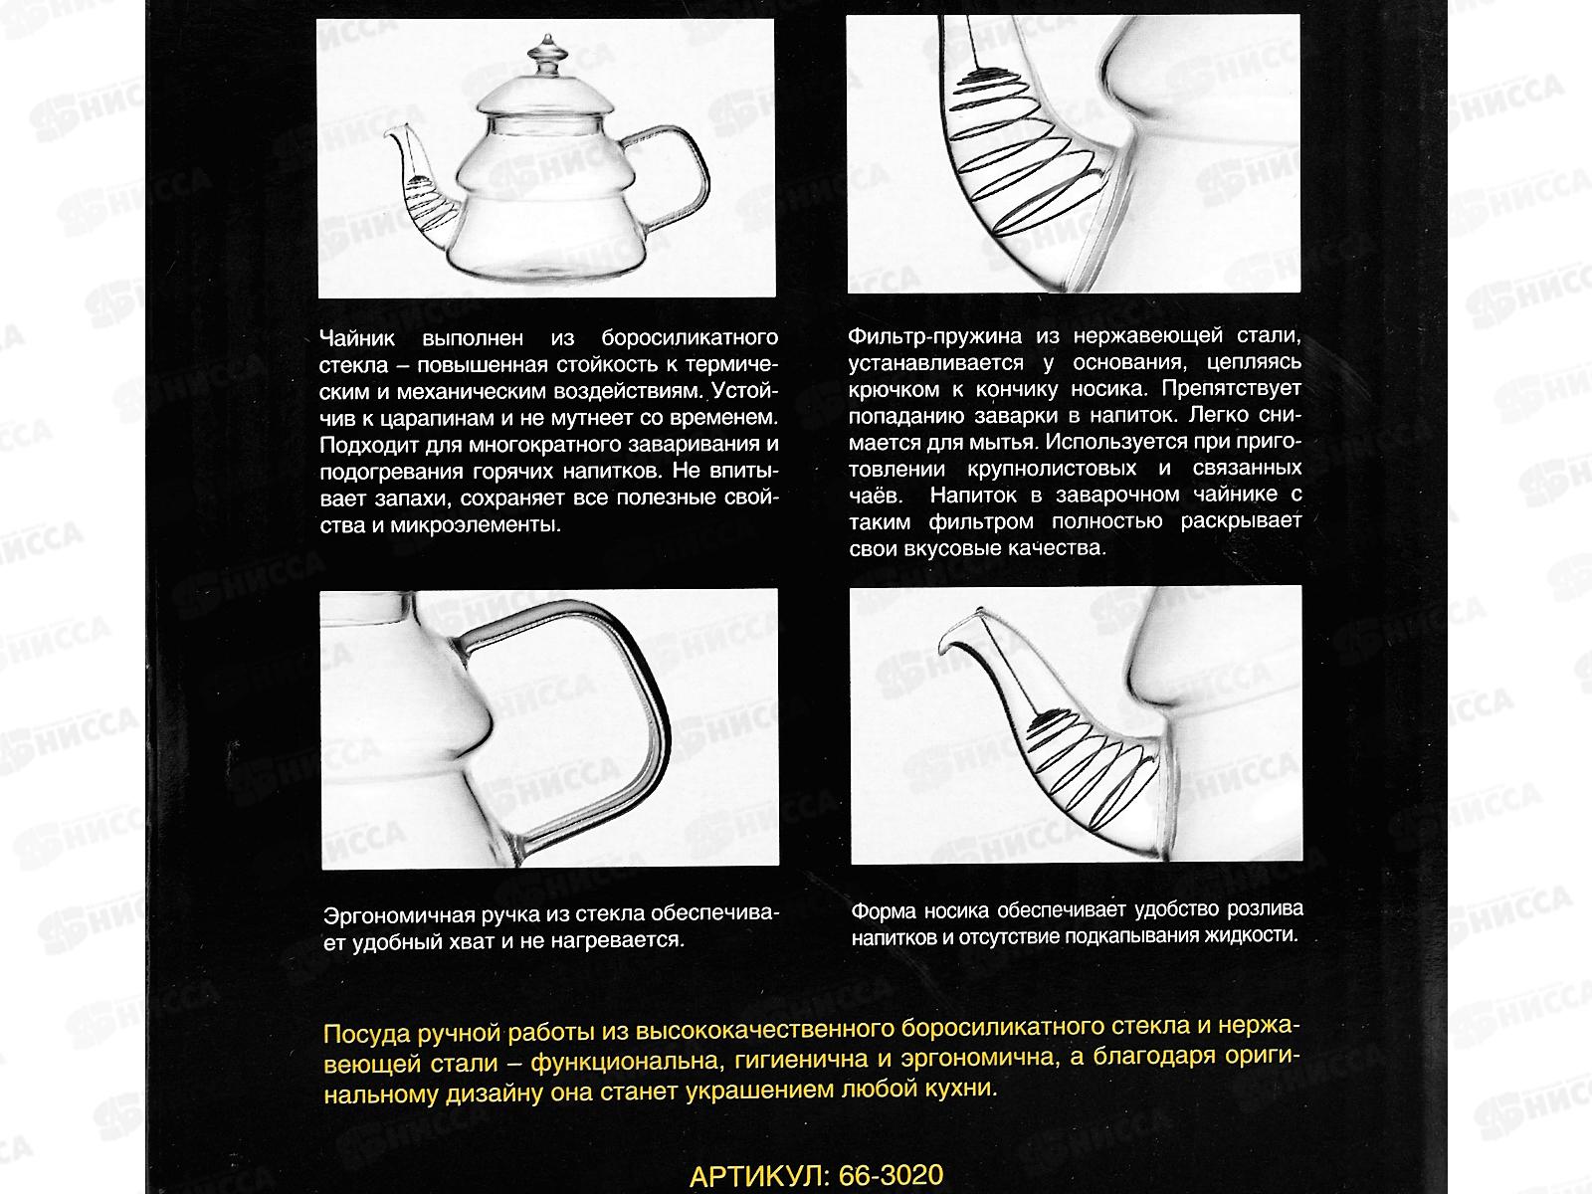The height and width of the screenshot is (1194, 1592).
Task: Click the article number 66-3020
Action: coord(891,1175)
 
